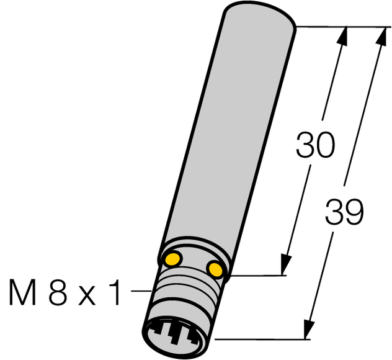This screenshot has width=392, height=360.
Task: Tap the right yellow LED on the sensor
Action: click(215, 268)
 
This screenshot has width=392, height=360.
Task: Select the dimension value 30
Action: click(315, 145)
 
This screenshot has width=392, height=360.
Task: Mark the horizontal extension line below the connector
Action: click(261, 340)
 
